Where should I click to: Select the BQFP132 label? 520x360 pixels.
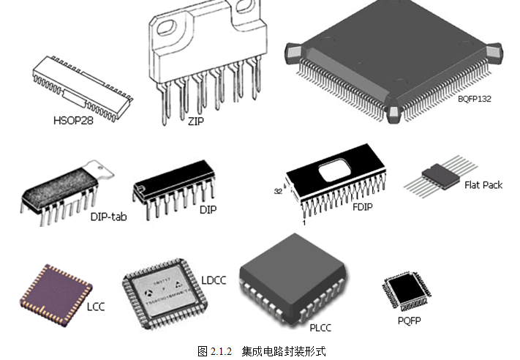(x=475, y=99)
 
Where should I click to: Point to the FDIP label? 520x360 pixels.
(x=362, y=207)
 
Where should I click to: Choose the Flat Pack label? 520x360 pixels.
(x=483, y=185)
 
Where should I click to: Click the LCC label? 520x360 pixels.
(x=96, y=307)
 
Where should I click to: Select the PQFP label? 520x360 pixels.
(x=410, y=320)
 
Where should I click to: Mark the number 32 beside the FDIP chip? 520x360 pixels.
(x=278, y=192)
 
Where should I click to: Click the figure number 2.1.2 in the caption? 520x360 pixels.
(x=220, y=351)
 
